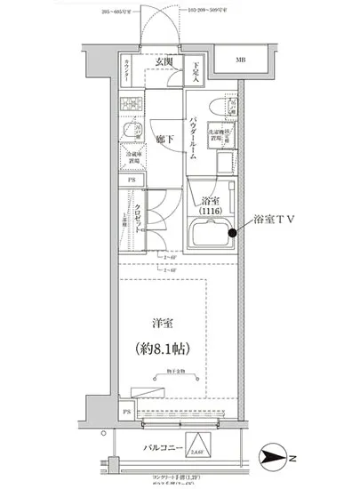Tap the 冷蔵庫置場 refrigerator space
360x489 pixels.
coord(132,160)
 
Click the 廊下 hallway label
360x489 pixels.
coord(164,140)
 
